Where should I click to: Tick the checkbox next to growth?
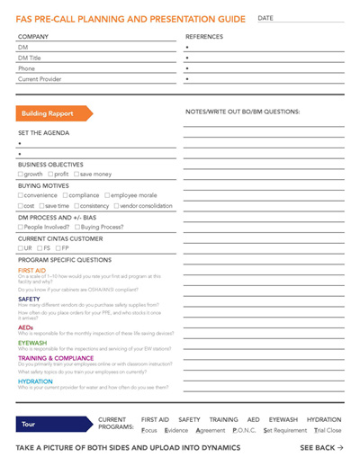pyautogui.click(x=21, y=175)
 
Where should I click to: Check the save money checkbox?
pyautogui.click(x=77, y=175)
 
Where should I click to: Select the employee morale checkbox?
pyautogui.click(x=108, y=195)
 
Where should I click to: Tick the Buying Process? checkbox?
pyautogui.click(x=79, y=227)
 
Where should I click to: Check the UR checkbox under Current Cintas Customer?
pyautogui.click(x=21, y=248)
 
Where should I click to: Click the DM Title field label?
pyautogui.click(x=30, y=58)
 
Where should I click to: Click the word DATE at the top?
pyautogui.click(x=265, y=18)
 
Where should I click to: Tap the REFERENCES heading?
pyautogui.click(x=203, y=37)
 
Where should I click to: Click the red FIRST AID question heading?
pyautogui.click(x=31, y=270)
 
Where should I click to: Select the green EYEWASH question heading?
pyautogui.click(x=32, y=343)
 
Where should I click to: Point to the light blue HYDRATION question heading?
pyautogui.click(x=35, y=381)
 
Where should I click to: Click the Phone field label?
pyautogui.click(x=26, y=68)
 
